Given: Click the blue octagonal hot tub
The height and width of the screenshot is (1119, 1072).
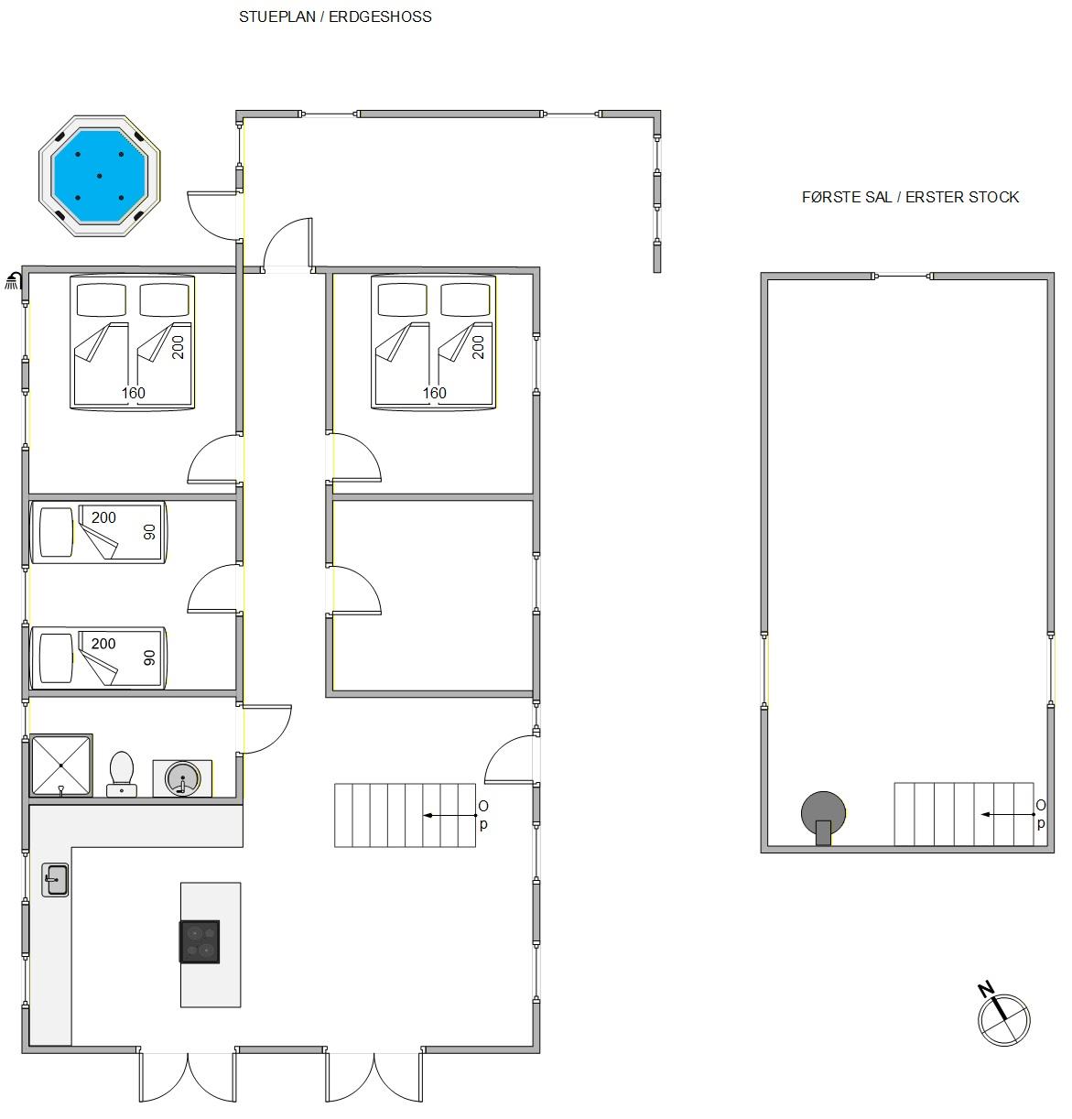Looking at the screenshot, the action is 100,176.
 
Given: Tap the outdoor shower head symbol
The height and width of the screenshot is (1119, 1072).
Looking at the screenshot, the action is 14,281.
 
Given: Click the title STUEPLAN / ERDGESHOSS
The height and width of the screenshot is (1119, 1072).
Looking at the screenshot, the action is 335,16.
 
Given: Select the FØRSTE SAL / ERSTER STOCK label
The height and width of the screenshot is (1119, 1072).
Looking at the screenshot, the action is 910,197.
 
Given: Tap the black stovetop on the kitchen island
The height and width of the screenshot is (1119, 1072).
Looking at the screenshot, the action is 200,941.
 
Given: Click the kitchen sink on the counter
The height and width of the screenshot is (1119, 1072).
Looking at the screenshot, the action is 55,880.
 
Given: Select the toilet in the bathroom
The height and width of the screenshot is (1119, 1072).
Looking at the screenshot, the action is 121,774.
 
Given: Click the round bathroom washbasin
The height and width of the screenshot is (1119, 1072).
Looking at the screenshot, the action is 182,778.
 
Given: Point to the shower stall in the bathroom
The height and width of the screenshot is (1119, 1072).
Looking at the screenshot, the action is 61,765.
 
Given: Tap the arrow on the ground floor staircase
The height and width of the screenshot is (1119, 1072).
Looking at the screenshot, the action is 450,815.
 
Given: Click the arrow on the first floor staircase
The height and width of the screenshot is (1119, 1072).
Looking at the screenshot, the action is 1008,814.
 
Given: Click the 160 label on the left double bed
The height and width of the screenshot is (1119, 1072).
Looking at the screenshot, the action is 133,393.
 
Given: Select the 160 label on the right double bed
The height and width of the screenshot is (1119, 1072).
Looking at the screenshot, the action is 434,393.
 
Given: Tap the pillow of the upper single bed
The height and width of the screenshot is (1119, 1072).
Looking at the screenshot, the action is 57,532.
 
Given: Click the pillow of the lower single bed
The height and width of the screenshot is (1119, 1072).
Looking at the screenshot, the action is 57,658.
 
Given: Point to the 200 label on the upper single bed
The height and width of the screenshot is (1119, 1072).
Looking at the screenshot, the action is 103,517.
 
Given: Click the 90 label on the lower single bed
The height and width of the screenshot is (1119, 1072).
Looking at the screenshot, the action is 149,657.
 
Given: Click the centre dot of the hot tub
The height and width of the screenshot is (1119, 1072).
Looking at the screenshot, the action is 100,176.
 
